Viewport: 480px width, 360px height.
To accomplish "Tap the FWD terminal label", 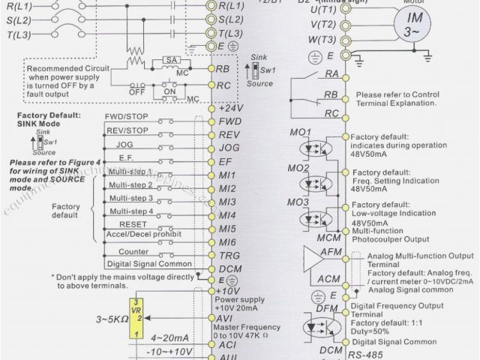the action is (x=229, y=121).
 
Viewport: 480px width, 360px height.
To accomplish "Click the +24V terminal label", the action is (x=230, y=107).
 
